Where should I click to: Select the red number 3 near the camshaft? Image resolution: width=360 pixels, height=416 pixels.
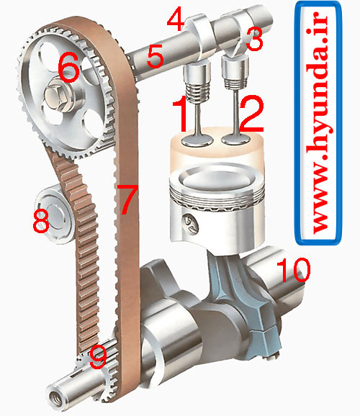tap(253, 39)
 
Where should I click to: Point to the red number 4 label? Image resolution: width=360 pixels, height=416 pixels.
tap(175, 18)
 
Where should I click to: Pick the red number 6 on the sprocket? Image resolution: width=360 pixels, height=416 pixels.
tap(69, 70)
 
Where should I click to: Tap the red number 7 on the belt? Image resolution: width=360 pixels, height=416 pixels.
tap(128, 200)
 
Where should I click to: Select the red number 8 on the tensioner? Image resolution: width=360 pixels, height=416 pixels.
tap(41, 220)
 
